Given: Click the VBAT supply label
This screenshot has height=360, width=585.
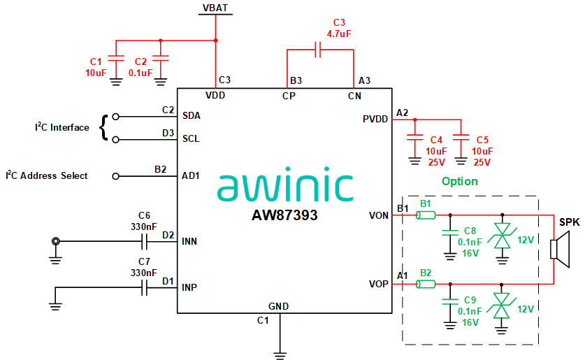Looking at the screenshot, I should (x=215, y=8).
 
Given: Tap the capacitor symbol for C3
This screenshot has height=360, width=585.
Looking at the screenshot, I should (x=318, y=50).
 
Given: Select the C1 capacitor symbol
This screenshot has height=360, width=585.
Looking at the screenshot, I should (x=117, y=58).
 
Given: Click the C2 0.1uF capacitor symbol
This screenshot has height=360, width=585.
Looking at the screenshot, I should (x=161, y=58).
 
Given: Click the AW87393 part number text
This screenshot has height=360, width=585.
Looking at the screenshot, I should (x=284, y=216).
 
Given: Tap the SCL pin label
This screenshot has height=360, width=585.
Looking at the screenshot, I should (x=191, y=138).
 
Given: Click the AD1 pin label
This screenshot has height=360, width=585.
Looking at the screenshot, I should (x=191, y=175).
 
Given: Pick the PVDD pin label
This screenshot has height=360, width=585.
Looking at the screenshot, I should (x=375, y=120).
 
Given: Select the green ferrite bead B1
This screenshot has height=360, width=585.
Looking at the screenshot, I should (x=425, y=215).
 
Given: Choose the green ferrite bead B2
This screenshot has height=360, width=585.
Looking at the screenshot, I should (x=425, y=284).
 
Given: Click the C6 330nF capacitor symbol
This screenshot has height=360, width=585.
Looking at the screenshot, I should (x=145, y=242).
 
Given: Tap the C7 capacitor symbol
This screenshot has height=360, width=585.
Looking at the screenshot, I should (x=145, y=287).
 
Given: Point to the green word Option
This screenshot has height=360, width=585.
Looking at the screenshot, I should (x=459, y=182).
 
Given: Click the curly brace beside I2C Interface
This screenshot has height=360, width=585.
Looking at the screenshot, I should (x=106, y=127).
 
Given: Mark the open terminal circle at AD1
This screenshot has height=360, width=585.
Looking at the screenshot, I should (x=116, y=175).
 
